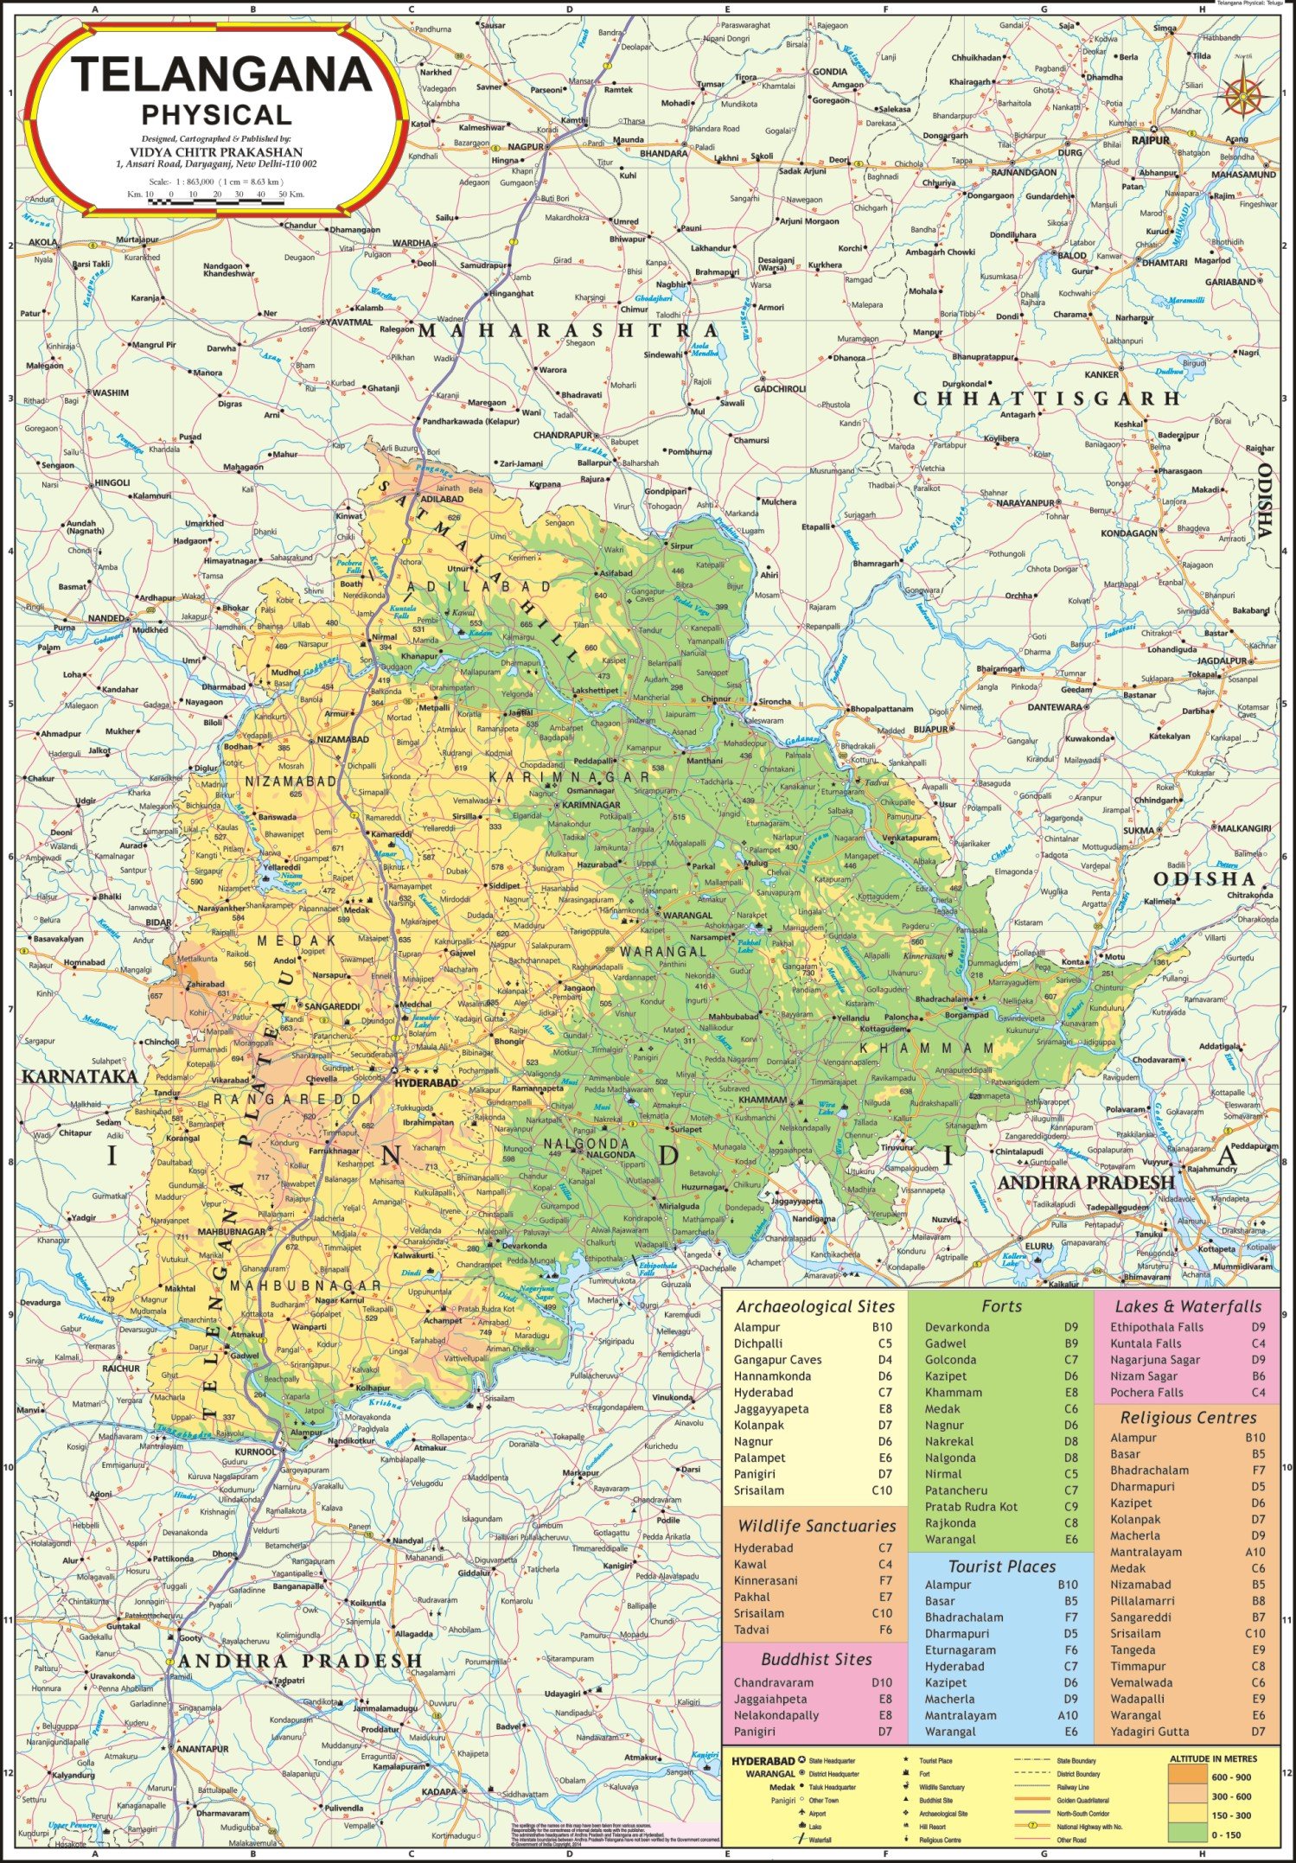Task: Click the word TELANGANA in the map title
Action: pos(221,75)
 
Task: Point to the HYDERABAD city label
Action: pos(426,1082)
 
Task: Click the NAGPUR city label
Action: pos(525,147)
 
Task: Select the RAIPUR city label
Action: pos(1150,140)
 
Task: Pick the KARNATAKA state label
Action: pos(80,1076)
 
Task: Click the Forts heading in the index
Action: pos(1001,1306)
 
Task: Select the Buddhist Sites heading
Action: pos(816,1659)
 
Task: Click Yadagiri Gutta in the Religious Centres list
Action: pos(1149,1732)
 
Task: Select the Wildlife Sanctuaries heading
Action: pos(816,1526)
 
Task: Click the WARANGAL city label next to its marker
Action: pos(688,915)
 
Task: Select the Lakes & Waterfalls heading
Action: pos(1188,1306)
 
